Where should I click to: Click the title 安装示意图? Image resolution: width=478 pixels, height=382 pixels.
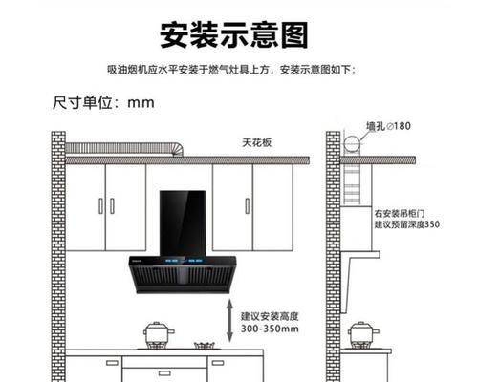tap(234, 35)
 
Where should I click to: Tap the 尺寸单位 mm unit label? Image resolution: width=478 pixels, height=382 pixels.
tap(103, 102)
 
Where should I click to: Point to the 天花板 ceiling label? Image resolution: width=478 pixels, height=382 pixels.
tap(257, 142)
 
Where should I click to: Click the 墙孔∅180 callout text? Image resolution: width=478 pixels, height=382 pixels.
tap(388, 126)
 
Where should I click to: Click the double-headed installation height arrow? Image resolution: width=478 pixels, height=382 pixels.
tap(229, 321)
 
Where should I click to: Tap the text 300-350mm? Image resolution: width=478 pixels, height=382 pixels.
tap(270, 329)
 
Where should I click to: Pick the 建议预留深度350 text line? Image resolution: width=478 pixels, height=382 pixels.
tap(407, 224)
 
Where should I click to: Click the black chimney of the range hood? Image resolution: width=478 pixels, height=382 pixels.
tap(183, 223)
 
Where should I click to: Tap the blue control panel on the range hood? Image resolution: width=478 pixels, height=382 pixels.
tap(184, 261)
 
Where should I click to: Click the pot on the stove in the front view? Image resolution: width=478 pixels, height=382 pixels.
tap(159, 334)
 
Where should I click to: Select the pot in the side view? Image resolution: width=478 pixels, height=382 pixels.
tap(363, 334)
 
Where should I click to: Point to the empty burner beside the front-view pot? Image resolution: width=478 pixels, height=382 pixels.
tap(205, 346)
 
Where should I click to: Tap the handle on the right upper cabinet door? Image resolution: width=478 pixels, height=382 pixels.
tap(248, 206)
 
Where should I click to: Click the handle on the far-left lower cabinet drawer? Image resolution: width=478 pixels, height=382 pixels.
tap(112, 363)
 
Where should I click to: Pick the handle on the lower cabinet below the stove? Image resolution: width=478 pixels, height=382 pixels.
tap(164, 373)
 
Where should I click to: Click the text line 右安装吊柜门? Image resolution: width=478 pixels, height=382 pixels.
tap(400, 213)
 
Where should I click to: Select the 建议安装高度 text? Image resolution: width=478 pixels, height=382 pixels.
tap(270, 316)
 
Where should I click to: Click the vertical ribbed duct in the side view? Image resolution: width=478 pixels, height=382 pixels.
tap(352, 184)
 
